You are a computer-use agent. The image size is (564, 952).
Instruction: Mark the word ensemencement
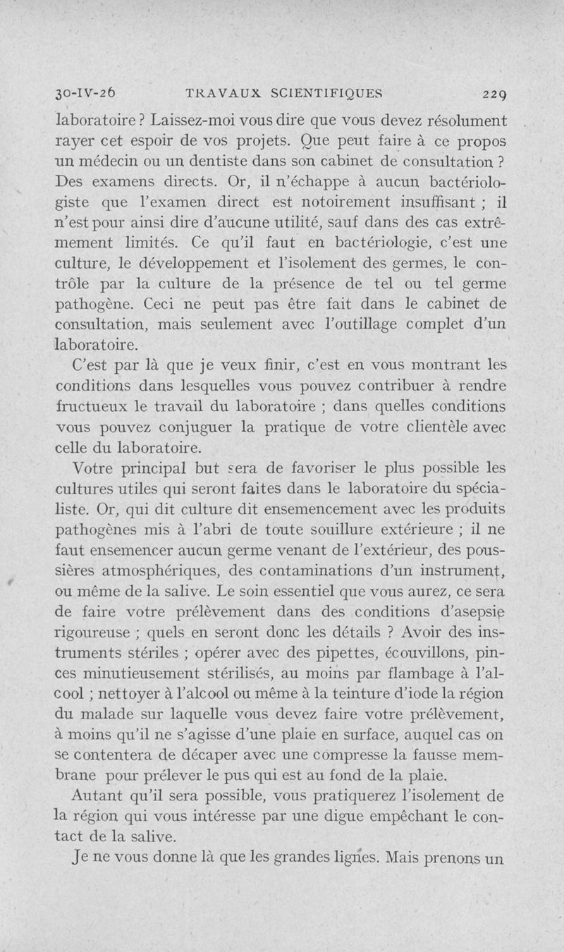tap(301, 510)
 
